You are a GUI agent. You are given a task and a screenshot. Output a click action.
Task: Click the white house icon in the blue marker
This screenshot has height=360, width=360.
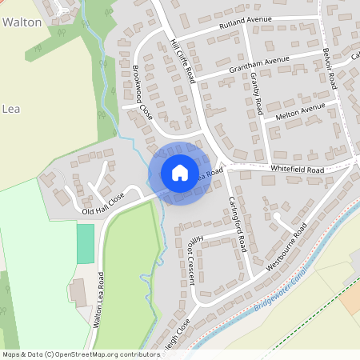point(179,172)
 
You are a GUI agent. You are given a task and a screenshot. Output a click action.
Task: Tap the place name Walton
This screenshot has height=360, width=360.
point(22,22)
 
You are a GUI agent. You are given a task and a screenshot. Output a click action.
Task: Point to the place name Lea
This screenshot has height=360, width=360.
point(10,108)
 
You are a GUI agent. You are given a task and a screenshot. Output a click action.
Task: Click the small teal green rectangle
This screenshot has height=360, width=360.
point(85,244)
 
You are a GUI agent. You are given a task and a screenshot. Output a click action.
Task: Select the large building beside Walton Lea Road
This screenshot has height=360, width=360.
point(78,292)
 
